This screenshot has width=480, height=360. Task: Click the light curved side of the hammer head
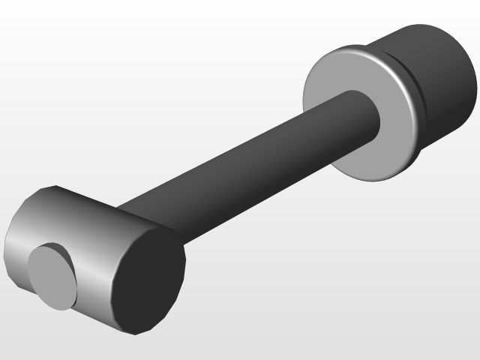coord(82,225)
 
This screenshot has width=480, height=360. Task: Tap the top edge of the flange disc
coord(345,49)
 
